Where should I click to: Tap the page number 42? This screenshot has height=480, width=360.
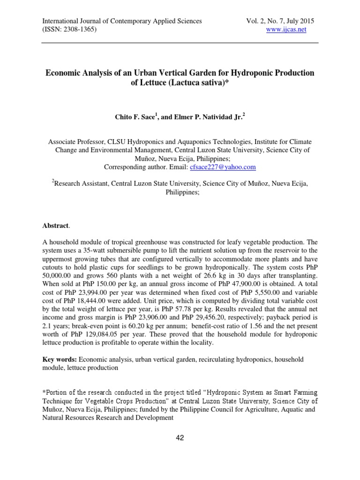coord(180,438)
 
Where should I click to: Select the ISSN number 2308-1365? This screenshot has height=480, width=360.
coord(77,29)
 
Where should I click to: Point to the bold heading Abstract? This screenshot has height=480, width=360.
coord(55,226)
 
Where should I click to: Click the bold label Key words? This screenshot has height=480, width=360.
coord(60,359)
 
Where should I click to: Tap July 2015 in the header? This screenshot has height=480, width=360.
coord(300,21)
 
